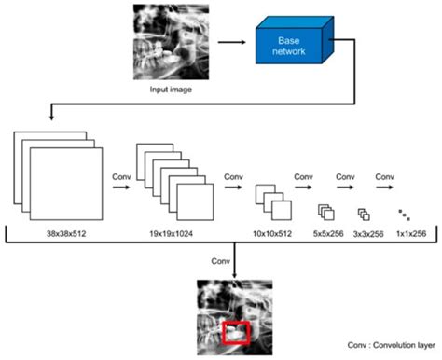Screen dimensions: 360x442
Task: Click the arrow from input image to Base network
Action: [x=233, y=43]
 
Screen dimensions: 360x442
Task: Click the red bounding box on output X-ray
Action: [x=237, y=331]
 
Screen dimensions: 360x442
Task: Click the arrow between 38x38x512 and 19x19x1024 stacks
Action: [x=118, y=186]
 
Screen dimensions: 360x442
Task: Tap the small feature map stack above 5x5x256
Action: [x=325, y=212]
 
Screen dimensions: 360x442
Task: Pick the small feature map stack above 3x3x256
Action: [x=366, y=213]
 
